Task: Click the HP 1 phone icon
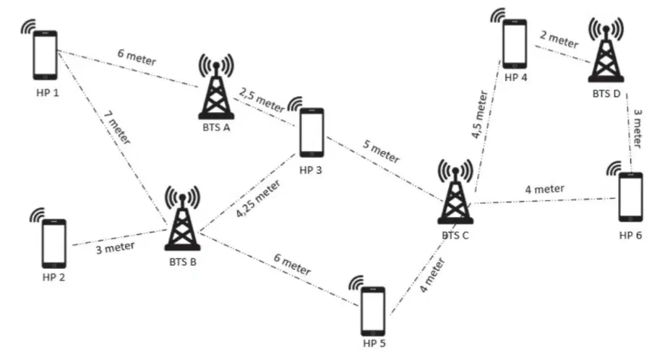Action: [x=46, y=55]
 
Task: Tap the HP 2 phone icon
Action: [x=53, y=244]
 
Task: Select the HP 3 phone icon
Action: [x=312, y=132]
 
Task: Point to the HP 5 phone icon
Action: [x=373, y=312]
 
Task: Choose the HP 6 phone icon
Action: [x=631, y=197]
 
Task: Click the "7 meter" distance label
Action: [x=117, y=127]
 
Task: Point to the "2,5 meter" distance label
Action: [x=262, y=100]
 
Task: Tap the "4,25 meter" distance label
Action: [x=258, y=198]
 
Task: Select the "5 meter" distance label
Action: [x=381, y=151]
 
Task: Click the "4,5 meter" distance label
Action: [x=479, y=114]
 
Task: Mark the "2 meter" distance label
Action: [x=559, y=39]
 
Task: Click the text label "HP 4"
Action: [x=516, y=77]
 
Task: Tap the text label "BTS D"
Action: [x=606, y=93]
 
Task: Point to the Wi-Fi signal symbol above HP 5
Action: [x=356, y=282]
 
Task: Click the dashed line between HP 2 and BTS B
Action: [x=120, y=237]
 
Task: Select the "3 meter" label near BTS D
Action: [x=637, y=129]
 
